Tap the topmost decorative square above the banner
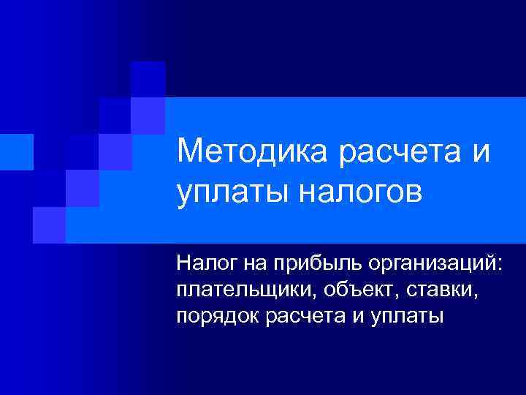coord(148,79)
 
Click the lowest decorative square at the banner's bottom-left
coord(49,225)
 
